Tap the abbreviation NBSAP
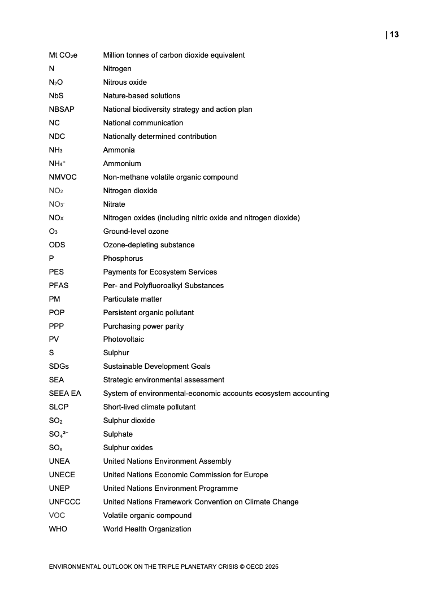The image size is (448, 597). pos(62,109)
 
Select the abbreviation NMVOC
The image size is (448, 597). pos(63,177)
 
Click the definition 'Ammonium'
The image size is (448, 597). pos(122,163)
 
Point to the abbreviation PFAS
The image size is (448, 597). pos(59,285)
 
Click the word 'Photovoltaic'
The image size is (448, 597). pos(123,339)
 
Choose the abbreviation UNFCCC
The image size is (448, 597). pos(65,502)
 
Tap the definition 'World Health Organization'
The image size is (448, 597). pos(147,529)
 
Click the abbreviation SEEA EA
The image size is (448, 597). pos(65,393)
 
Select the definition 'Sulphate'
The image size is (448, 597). pos(118,434)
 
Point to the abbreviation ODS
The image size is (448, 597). pos(58,245)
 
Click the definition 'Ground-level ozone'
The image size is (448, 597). pos(136,231)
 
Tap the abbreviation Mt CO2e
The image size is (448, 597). pos(63,55)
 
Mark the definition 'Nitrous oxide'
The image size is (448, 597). pos(125,82)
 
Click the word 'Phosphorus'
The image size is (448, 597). pos(123,258)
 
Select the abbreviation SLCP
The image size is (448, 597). pos(59,407)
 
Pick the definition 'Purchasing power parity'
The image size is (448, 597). pos(143,326)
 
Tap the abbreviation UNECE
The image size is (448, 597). pos(62,474)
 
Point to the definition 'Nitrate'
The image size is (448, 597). pos(114,204)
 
